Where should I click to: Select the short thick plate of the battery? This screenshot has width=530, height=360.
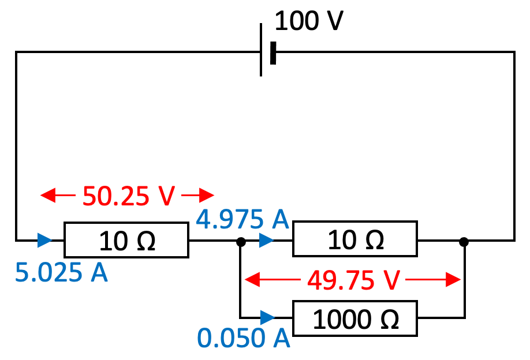273,52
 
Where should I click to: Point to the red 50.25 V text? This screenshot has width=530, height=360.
128,196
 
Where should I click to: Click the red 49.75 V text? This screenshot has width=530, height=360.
353,281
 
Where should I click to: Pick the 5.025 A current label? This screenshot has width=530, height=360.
61,273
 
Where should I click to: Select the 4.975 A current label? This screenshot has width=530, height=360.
242,220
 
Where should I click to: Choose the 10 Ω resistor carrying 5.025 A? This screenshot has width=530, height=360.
126,240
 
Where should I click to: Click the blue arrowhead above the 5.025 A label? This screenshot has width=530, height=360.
44,240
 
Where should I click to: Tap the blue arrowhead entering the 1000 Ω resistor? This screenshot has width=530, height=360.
267,318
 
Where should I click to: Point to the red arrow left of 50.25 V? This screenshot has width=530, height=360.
58,196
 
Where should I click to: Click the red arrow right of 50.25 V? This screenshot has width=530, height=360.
197,196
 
